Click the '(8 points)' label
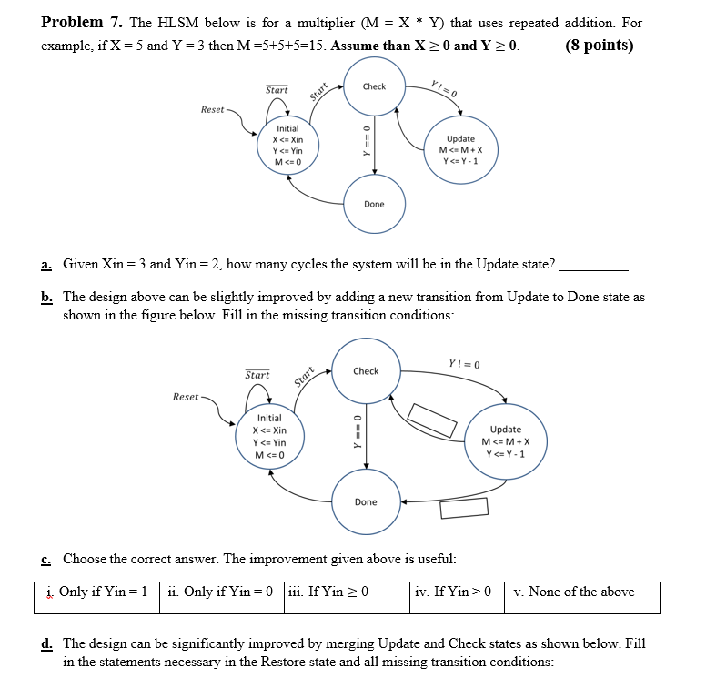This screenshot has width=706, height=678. click(600, 46)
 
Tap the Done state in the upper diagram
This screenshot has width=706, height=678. click(374, 204)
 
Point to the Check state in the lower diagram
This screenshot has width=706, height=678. click(366, 371)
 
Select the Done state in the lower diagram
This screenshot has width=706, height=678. click(366, 501)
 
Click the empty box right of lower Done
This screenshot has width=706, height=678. click(464, 506)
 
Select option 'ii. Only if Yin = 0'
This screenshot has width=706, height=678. click(221, 592)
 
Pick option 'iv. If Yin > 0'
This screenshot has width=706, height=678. click(453, 592)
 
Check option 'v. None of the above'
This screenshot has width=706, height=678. click(573, 592)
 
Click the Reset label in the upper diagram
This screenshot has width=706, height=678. click(213, 109)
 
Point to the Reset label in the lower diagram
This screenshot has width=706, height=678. click(186, 397)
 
